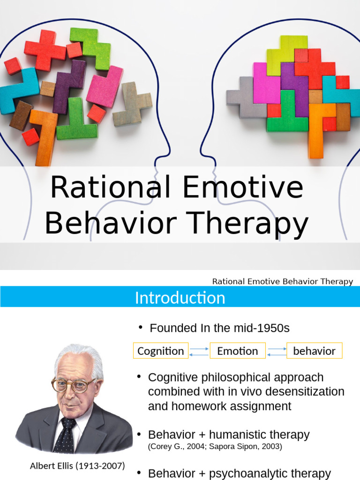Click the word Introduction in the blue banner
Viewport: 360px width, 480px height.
tap(180, 298)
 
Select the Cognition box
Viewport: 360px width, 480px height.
tap(161, 351)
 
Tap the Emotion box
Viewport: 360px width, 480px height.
tap(237, 351)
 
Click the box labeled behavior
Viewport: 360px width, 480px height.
tap(314, 351)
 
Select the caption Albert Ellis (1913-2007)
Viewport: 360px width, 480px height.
tap(77, 466)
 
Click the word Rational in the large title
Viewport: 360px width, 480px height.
tap(110, 187)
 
